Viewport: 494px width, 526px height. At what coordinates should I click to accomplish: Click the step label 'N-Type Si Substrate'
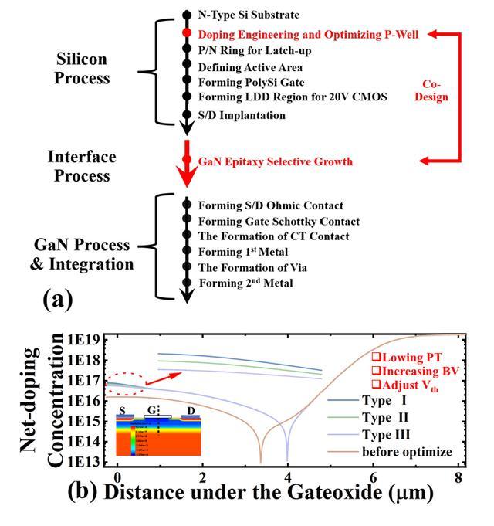(249, 14)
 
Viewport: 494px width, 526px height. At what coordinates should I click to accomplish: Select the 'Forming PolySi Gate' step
(251, 83)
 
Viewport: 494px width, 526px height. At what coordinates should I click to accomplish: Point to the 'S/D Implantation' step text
(242, 115)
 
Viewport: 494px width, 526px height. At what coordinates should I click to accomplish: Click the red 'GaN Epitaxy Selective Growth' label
(276, 161)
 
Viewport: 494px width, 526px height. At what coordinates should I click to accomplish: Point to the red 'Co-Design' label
(437, 91)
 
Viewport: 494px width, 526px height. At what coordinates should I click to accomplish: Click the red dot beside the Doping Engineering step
(186, 33)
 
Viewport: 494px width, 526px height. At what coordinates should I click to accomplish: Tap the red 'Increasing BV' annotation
(415, 370)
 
